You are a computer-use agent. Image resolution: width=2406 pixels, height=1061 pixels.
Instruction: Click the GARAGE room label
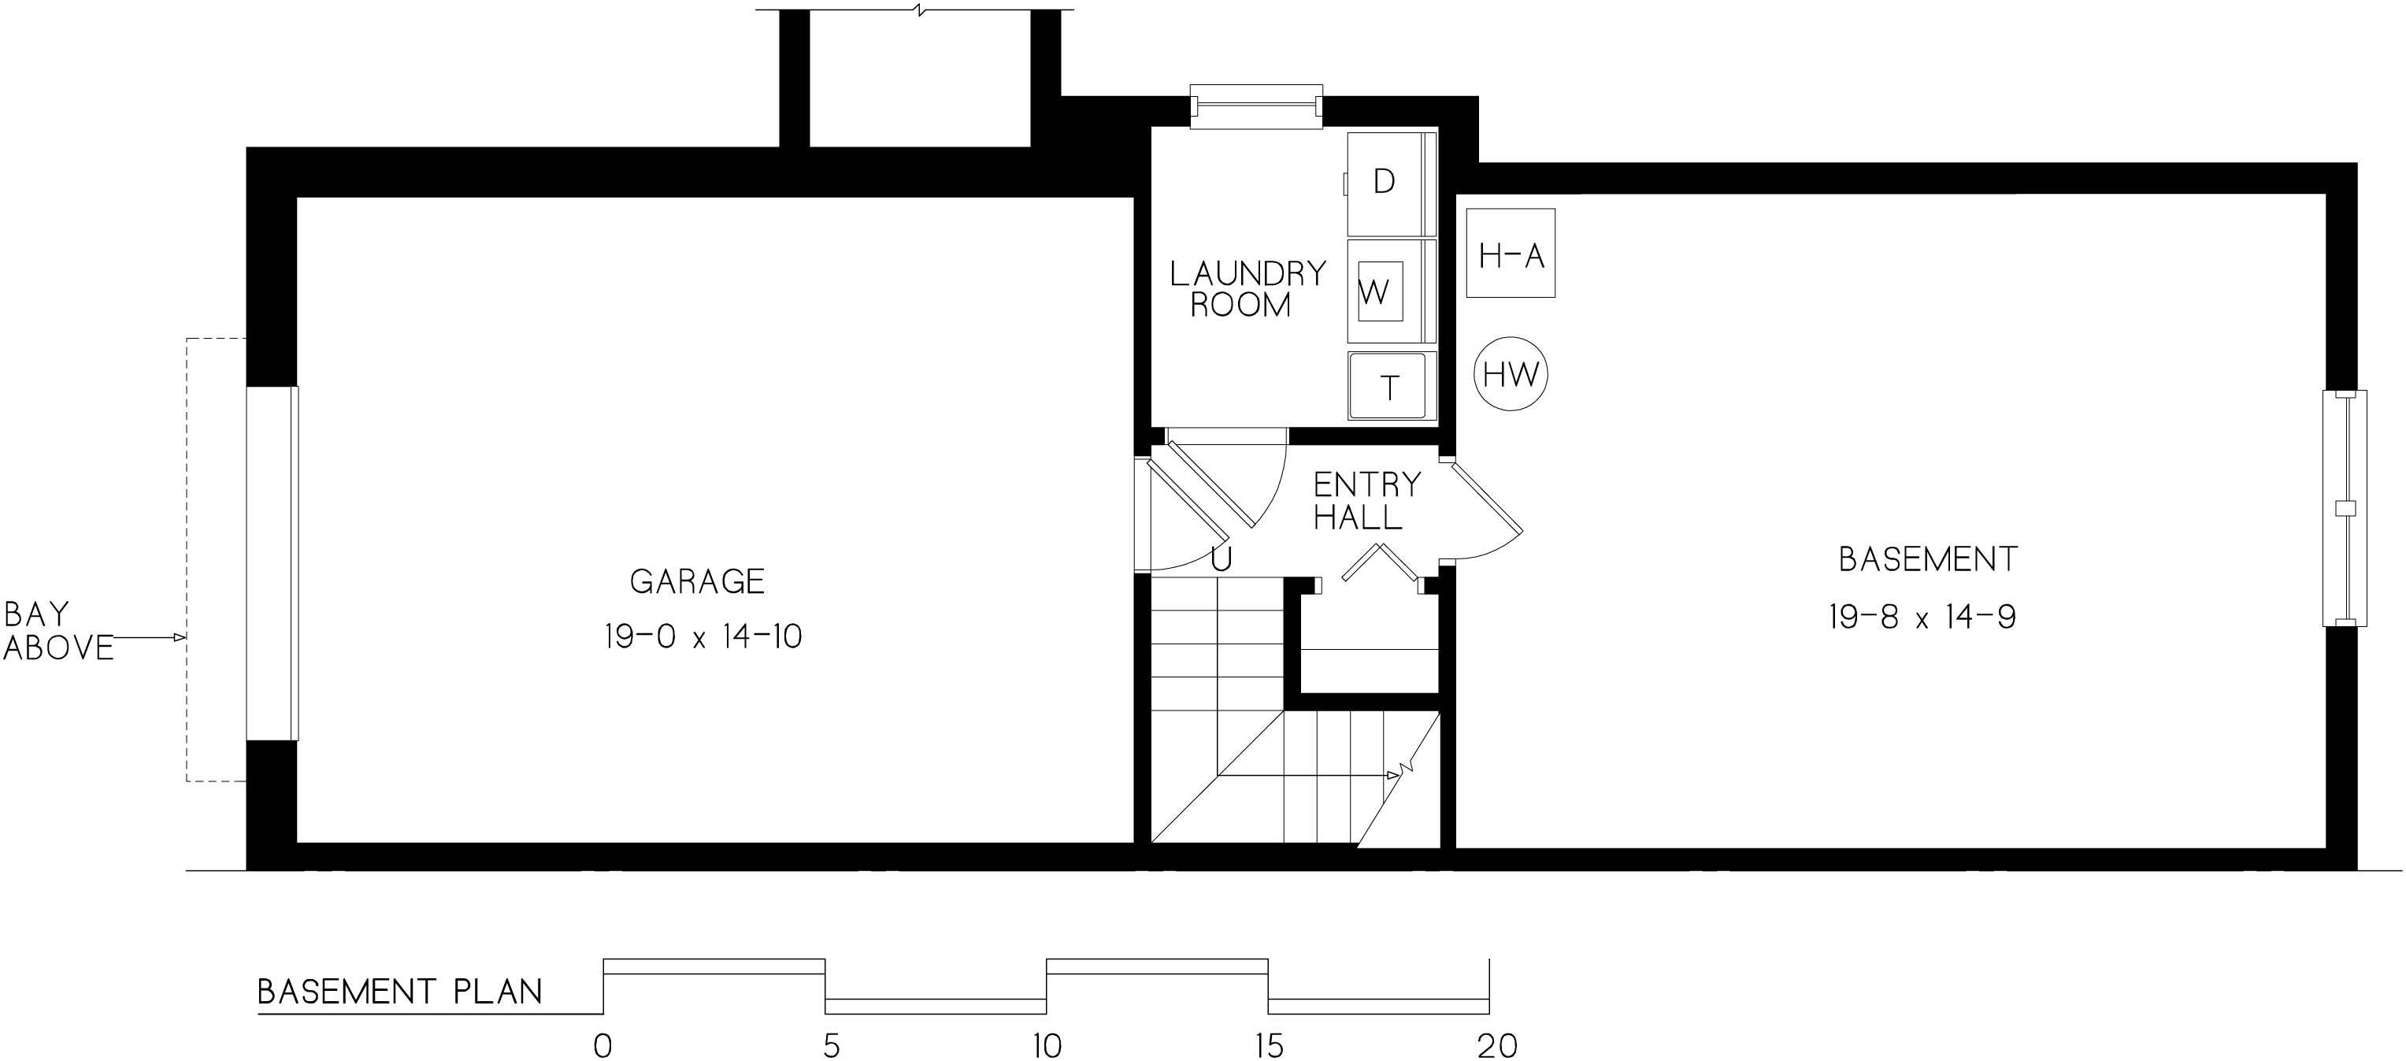pos(697,582)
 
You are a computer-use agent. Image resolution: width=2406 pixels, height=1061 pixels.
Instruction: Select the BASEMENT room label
pos(1928,559)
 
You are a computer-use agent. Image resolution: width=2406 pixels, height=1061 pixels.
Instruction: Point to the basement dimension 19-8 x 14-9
pos(1922,618)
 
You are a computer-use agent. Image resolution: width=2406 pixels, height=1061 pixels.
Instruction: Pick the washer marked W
pos(1391,291)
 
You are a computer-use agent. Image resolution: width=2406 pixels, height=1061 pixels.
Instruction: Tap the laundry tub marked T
pos(1391,386)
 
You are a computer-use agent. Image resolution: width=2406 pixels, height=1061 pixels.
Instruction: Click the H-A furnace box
pos(1511,253)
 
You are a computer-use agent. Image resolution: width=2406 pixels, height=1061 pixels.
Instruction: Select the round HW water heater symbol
pos(1511,374)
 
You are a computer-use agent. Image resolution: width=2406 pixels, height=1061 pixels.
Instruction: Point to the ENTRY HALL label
pos(1366,501)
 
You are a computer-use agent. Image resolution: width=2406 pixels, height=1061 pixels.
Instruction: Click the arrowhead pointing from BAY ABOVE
pos(180,638)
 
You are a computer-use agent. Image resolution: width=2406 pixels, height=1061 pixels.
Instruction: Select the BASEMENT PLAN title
pos(400,991)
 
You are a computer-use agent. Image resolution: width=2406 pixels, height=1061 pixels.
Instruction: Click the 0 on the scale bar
pos(603,1045)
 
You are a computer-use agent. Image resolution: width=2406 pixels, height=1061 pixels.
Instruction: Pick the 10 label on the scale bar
pos(1047,1045)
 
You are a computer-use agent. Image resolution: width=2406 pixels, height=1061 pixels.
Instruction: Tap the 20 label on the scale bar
pos(1497,1045)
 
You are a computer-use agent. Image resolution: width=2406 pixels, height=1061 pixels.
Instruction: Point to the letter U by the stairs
pos(1221,558)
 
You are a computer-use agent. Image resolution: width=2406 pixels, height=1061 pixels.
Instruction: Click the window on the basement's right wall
pos(2345,508)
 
